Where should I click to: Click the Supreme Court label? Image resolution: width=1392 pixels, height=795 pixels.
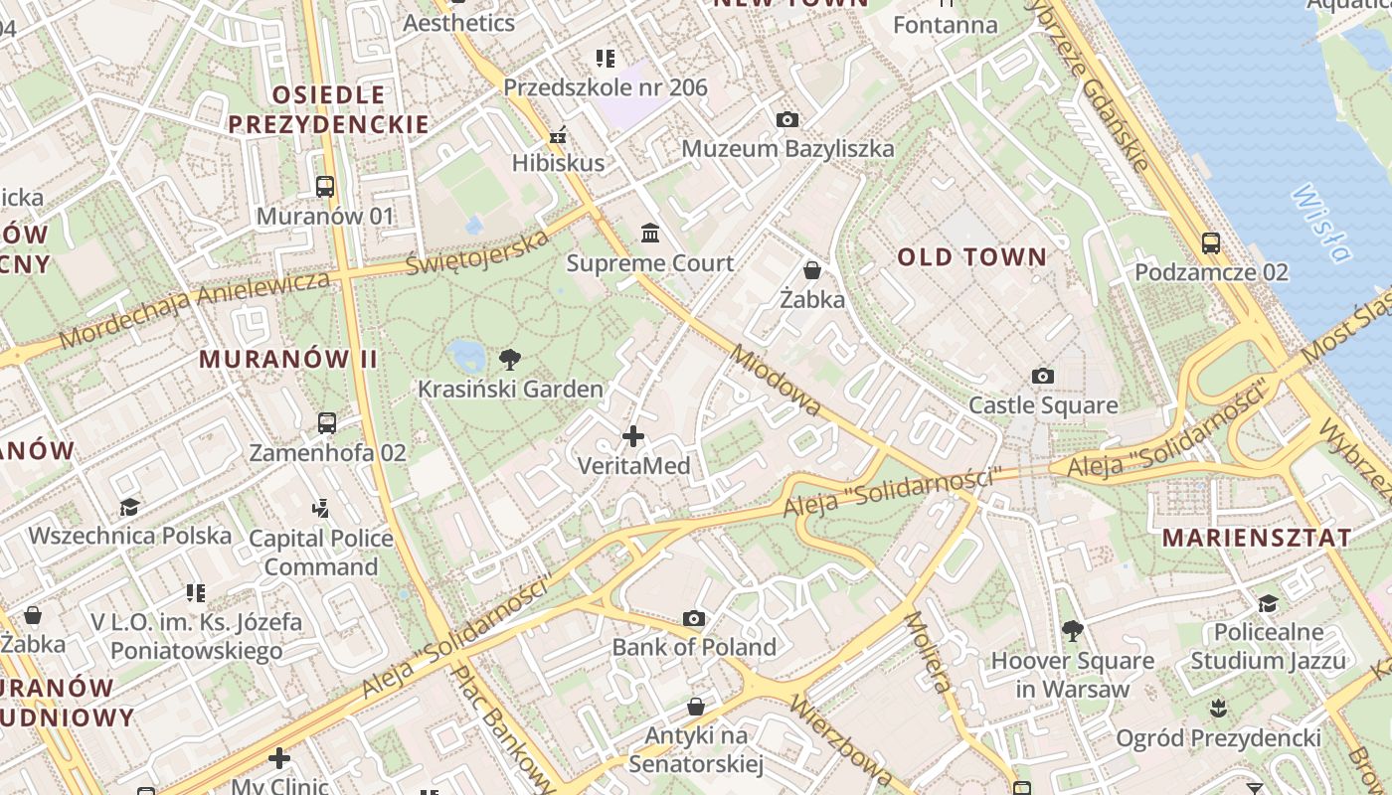(650, 263)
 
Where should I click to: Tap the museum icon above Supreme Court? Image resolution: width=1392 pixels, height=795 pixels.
(650, 234)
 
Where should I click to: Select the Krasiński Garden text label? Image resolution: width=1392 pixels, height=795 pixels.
(510, 390)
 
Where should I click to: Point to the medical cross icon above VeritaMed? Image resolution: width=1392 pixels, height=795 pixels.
(633, 436)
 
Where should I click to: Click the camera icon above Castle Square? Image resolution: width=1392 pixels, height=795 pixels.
(1042, 376)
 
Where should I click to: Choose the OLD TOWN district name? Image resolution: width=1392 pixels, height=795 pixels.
(972, 257)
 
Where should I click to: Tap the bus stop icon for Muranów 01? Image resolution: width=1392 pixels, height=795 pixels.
(325, 186)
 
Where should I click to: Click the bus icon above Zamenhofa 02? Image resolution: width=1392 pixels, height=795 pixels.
(327, 423)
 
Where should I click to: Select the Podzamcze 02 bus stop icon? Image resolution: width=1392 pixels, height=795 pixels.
(1211, 242)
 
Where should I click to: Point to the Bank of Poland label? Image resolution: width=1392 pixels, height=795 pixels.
(694, 647)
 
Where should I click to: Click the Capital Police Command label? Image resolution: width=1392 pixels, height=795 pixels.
(321, 553)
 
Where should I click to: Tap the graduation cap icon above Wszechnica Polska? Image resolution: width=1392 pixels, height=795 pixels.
(129, 508)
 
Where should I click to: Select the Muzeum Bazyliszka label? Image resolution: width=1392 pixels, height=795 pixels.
(787, 149)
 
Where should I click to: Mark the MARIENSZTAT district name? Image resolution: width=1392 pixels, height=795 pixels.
(1257, 539)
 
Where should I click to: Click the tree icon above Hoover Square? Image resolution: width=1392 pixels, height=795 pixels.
(1072, 630)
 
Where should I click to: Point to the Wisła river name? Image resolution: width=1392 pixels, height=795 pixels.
(1321, 223)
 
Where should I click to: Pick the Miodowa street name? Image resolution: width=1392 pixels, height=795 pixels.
(776, 381)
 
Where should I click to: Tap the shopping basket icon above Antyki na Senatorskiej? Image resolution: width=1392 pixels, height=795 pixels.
(696, 707)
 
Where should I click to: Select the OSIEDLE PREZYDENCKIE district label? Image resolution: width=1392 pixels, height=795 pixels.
(329, 110)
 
